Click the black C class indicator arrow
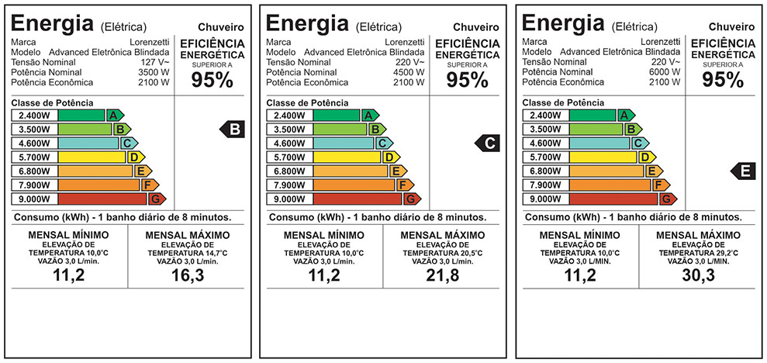(x=489, y=143)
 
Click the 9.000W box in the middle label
(x=289, y=199)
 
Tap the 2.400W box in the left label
(x=35, y=116)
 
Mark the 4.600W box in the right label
(x=545, y=143)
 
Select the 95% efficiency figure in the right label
(x=723, y=80)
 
